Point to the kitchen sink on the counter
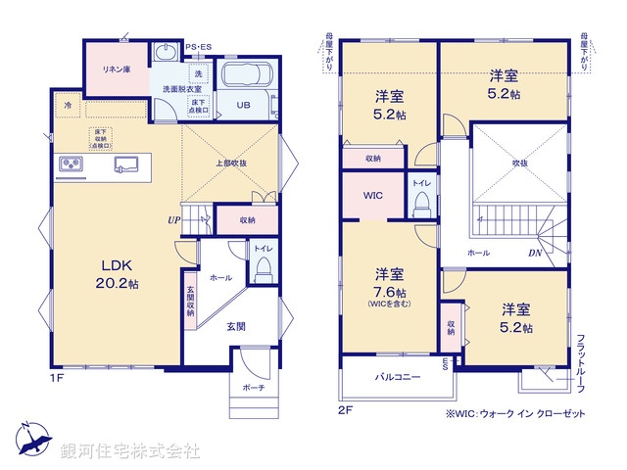click(126, 164)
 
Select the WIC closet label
click(372, 196)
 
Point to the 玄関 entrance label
click(236, 326)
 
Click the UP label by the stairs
click(172, 219)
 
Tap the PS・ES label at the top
click(198, 46)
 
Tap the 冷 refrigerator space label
click(69, 104)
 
